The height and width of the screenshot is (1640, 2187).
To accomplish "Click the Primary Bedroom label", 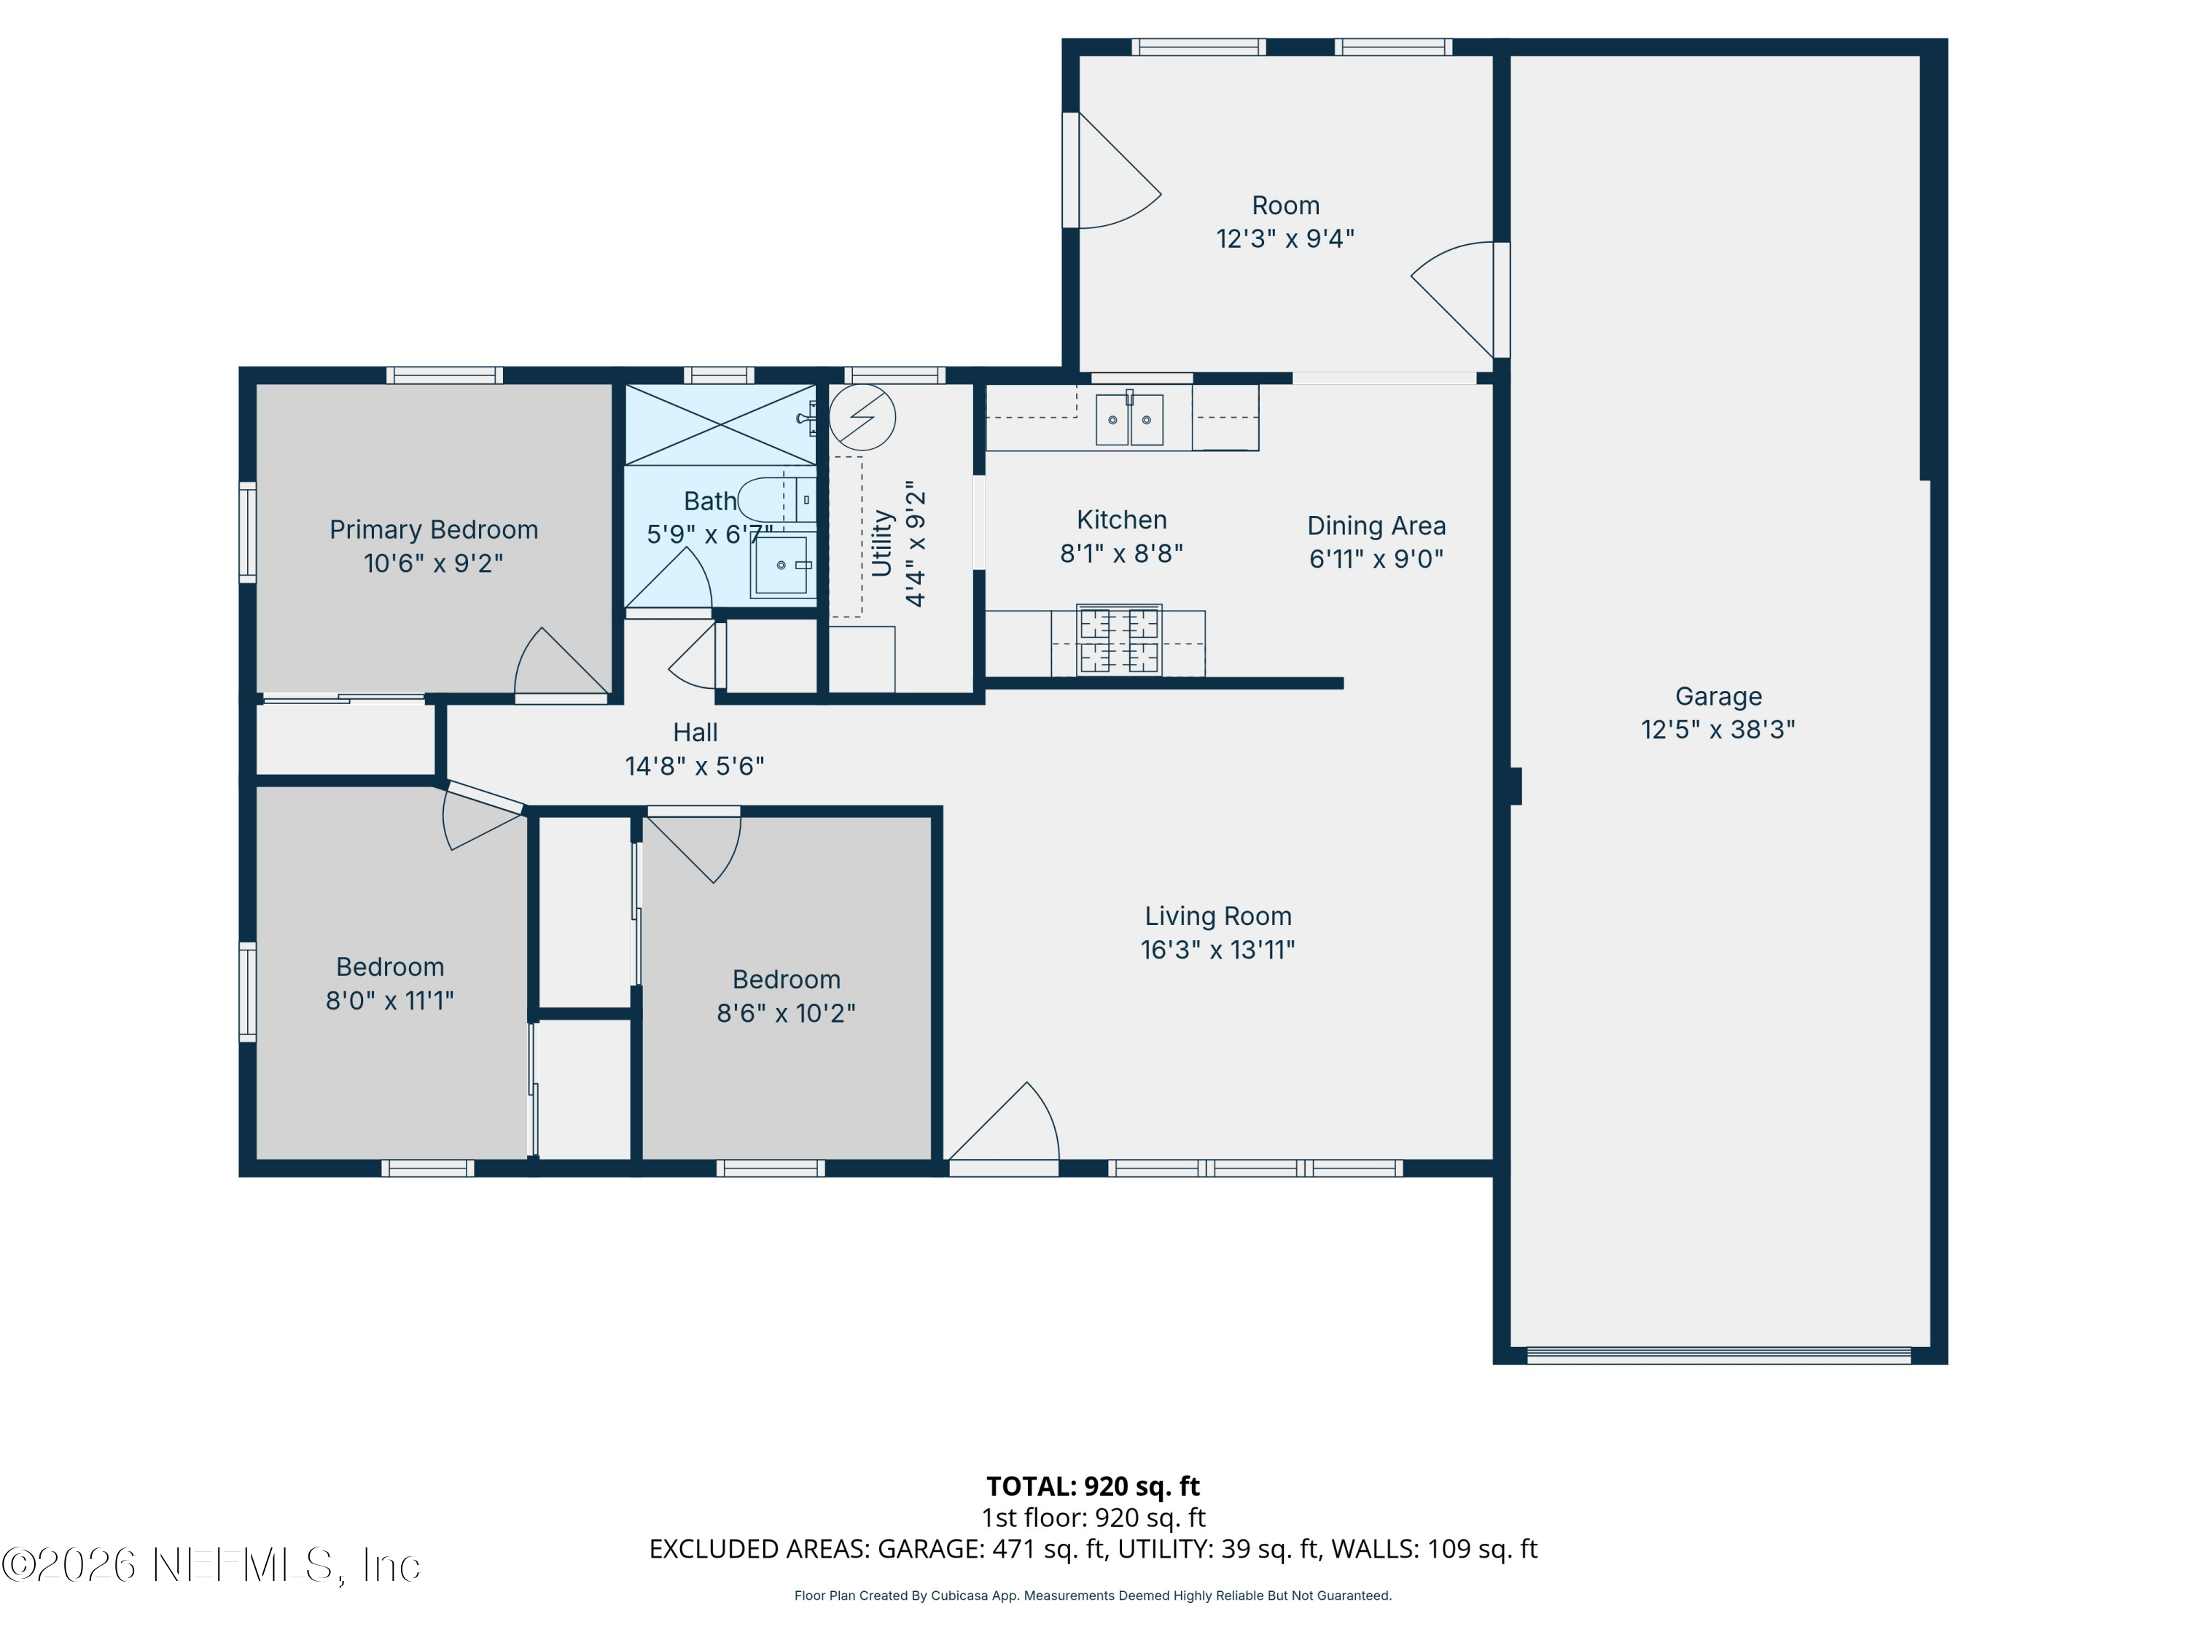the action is tap(433, 530).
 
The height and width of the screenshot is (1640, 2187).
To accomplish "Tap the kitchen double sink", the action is tap(1129, 419).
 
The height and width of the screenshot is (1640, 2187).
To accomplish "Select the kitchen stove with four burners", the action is tap(1119, 639).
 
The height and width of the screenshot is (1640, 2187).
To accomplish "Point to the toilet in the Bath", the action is tap(777, 500).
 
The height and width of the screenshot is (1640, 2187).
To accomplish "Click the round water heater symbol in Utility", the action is tap(862, 417).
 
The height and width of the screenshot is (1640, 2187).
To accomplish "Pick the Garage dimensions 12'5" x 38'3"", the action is tap(1718, 730).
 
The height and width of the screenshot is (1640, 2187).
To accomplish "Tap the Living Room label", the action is tap(1218, 916).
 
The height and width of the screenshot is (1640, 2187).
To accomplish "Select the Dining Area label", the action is tap(1376, 526).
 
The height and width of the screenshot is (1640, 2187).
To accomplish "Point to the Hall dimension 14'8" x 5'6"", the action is tap(694, 766).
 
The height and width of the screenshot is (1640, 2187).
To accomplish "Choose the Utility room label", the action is tap(882, 543).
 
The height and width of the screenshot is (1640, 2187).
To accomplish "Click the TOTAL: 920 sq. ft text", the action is tap(1093, 1485).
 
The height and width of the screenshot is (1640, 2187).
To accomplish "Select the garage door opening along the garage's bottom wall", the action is tap(1718, 1355).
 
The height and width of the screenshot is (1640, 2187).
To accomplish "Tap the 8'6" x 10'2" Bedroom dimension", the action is tap(786, 1013).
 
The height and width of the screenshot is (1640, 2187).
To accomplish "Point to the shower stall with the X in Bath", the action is tap(721, 424).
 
